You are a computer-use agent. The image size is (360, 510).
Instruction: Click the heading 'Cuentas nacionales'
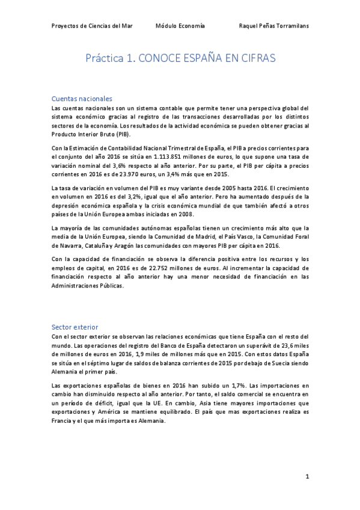point(82,99)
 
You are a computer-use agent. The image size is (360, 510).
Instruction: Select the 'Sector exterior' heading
point(75,327)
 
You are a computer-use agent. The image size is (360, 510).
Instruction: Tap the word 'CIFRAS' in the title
point(253,60)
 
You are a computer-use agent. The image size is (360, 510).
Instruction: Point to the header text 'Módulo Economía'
point(180,26)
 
